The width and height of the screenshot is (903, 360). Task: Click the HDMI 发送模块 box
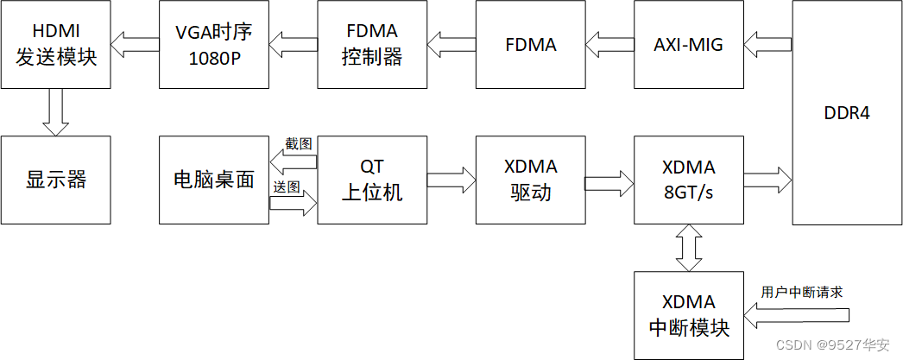click(56, 44)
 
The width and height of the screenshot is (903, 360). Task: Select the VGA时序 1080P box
click(214, 44)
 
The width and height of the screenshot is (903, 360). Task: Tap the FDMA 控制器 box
click(372, 44)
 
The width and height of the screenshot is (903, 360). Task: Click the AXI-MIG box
click(688, 44)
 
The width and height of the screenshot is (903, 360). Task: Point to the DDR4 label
click(847, 114)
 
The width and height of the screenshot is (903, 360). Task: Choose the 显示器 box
click(56, 180)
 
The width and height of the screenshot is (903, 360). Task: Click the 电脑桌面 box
click(214, 180)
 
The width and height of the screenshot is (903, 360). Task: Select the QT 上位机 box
click(372, 180)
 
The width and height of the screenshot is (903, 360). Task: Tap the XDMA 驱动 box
click(530, 180)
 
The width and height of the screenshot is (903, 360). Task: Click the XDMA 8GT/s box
click(688, 180)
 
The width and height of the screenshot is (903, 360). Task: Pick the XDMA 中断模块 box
click(688, 315)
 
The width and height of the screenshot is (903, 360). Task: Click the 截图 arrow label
click(299, 143)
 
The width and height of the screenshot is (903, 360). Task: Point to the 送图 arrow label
click(287, 186)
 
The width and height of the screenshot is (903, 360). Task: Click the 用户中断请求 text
click(801, 292)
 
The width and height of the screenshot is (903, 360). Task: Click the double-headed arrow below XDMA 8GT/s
click(688, 247)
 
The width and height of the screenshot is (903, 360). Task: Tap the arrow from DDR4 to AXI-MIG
click(768, 44)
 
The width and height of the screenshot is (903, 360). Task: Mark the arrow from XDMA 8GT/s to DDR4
click(767, 180)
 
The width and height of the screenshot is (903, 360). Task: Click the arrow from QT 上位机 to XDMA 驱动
click(451, 180)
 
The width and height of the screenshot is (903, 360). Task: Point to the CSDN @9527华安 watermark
click(833, 345)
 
